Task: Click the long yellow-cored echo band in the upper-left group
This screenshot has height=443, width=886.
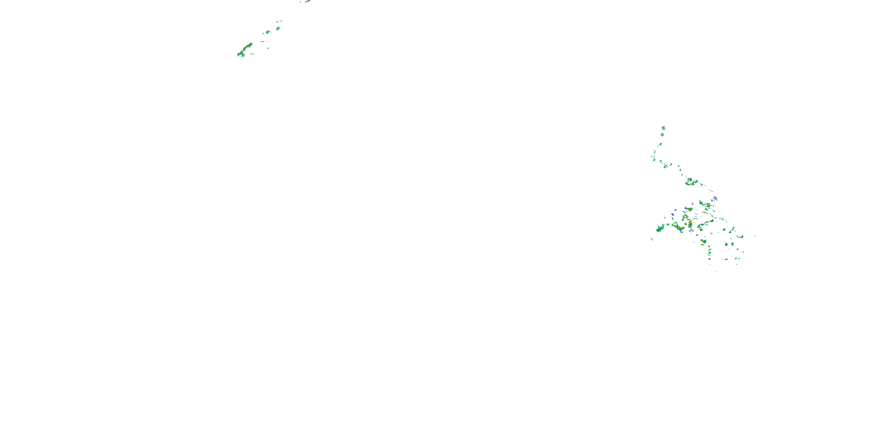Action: click(x=245, y=50)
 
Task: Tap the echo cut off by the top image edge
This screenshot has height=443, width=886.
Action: click(x=307, y=1)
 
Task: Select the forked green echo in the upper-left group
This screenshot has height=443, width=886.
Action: click(x=278, y=28)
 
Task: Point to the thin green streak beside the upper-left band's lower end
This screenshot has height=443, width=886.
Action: click(x=252, y=54)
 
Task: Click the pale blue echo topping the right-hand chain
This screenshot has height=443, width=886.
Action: click(x=663, y=128)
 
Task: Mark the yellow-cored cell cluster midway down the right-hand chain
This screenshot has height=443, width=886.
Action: click(x=690, y=182)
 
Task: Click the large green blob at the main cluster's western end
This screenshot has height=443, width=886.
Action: click(x=660, y=228)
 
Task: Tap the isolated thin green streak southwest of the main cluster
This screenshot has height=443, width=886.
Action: click(x=652, y=239)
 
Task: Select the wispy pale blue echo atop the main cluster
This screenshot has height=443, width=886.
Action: click(x=715, y=198)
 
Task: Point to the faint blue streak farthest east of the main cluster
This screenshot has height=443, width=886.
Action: click(x=755, y=236)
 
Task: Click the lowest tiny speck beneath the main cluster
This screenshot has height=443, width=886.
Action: click(x=716, y=272)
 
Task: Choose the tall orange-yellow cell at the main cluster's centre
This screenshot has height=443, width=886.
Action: click(x=690, y=224)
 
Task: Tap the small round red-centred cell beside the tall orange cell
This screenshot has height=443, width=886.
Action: click(x=685, y=224)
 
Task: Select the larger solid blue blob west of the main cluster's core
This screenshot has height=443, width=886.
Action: click(x=673, y=214)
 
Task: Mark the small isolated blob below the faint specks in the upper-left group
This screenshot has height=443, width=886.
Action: click(x=268, y=48)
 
